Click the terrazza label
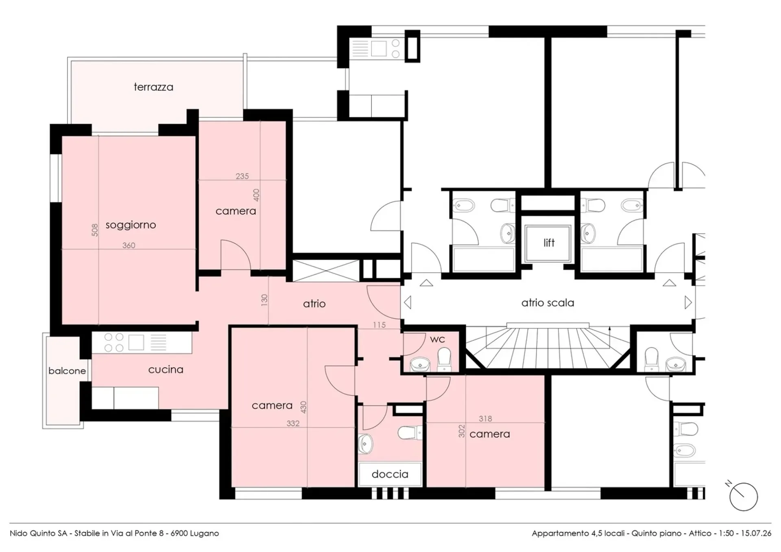click(x=153, y=87)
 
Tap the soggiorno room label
click(x=131, y=225)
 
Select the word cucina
click(x=166, y=370)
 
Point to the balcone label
click(x=67, y=371)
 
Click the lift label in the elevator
click(x=549, y=243)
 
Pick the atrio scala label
click(x=548, y=303)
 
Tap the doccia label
click(x=390, y=474)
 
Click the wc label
click(x=437, y=339)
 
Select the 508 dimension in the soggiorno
click(x=95, y=230)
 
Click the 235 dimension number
click(x=242, y=176)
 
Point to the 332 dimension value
click(x=293, y=423)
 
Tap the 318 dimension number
click(x=485, y=418)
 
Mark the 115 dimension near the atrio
click(x=379, y=325)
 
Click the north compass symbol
click(x=743, y=496)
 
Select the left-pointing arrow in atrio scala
click(x=407, y=302)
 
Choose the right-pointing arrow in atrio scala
click(x=688, y=302)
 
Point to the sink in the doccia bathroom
click(x=365, y=443)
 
